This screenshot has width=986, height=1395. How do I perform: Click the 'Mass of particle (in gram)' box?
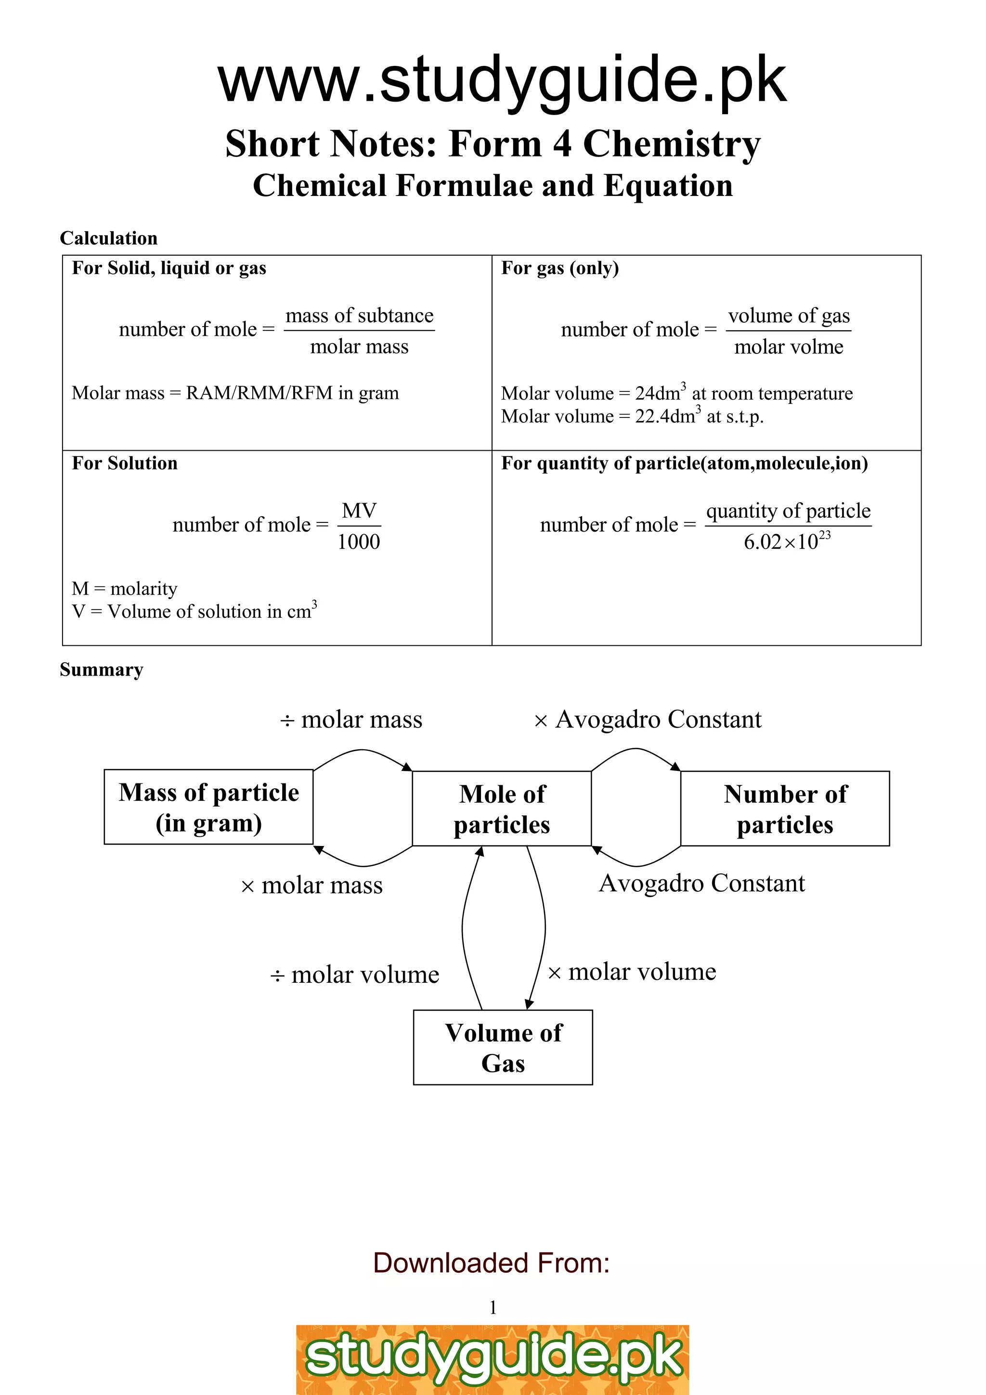pyautogui.click(x=208, y=807)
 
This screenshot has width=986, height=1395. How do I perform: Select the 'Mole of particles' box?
pyautogui.click(x=502, y=808)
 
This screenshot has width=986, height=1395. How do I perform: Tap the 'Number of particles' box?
pyautogui.click(x=785, y=808)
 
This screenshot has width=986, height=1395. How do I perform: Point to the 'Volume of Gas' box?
pyautogui.click(x=503, y=1047)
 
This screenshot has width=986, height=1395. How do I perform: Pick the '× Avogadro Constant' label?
pyautogui.click(x=648, y=720)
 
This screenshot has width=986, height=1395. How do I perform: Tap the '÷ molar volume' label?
pyautogui.click(x=355, y=975)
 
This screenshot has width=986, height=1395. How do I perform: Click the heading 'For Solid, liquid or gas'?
pyautogui.click(x=169, y=269)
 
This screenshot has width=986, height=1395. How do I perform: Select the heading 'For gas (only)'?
pyautogui.click(x=559, y=269)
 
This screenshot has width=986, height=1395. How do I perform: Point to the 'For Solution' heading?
pyautogui.click(x=125, y=464)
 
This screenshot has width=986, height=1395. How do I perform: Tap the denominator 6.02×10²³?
pyautogui.click(x=787, y=541)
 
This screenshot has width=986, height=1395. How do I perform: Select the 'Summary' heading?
pyautogui.click(x=102, y=669)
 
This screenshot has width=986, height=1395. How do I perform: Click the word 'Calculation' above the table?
pyautogui.click(x=109, y=238)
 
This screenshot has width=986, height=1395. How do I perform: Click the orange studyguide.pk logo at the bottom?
pyautogui.click(x=493, y=1361)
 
